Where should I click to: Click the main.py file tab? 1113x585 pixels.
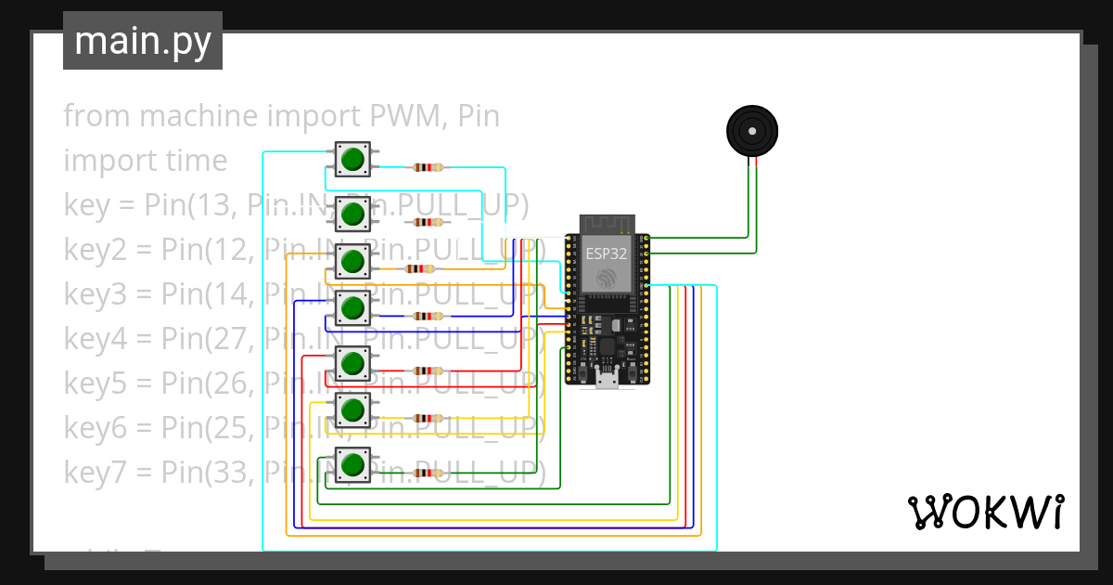pyautogui.click(x=142, y=41)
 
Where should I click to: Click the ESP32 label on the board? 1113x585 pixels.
pyautogui.click(x=607, y=253)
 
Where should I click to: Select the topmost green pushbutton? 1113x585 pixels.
pyautogui.click(x=352, y=160)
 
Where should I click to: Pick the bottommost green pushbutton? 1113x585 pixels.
pyautogui.click(x=352, y=464)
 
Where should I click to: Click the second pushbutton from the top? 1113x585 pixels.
pyautogui.click(x=352, y=214)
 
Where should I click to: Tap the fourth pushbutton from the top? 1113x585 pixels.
pyautogui.click(x=352, y=307)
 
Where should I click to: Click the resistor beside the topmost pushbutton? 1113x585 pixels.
pyautogui.click(x=428, y=168)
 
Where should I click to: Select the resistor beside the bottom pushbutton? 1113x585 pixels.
pyautogui.click(x=428, y=474)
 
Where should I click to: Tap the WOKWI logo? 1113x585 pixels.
pyautogui.click(x=985, y=512)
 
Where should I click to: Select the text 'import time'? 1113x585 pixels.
pyautogui.click(x=145, y=161)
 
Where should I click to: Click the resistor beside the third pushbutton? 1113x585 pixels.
pyautogui.click(x=420, y=269)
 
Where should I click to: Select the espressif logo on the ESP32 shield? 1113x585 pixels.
pyautogui.click(x=607, y=278)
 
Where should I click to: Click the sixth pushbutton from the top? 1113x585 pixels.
pyautogui.click(x=352, y=409)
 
